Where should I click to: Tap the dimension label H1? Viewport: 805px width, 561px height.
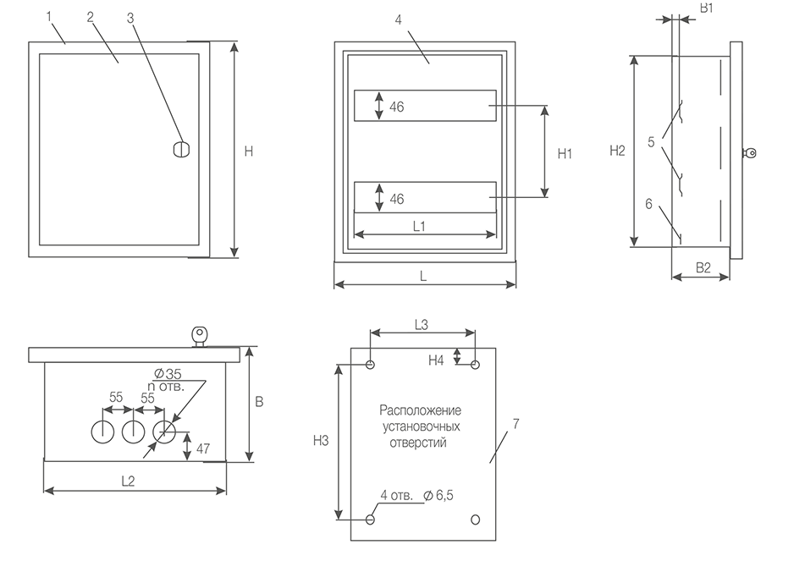(565, 153)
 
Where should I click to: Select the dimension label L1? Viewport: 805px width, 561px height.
(419, 226)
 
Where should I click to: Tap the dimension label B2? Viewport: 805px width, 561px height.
(703, 267)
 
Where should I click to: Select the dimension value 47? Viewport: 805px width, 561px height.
(203, 448)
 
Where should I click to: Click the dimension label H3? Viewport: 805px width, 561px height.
(321, 440)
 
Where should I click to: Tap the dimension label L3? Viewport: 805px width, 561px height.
(422, 323)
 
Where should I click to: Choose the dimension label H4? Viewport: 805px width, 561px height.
(436, 360)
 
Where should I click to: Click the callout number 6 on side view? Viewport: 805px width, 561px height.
(648, 203)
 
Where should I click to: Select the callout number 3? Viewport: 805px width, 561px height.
(130, 18)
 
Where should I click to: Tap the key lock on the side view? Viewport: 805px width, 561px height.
(749, 153)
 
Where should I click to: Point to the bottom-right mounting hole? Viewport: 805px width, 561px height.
(475, 519)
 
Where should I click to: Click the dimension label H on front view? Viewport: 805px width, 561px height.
(248, 151)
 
